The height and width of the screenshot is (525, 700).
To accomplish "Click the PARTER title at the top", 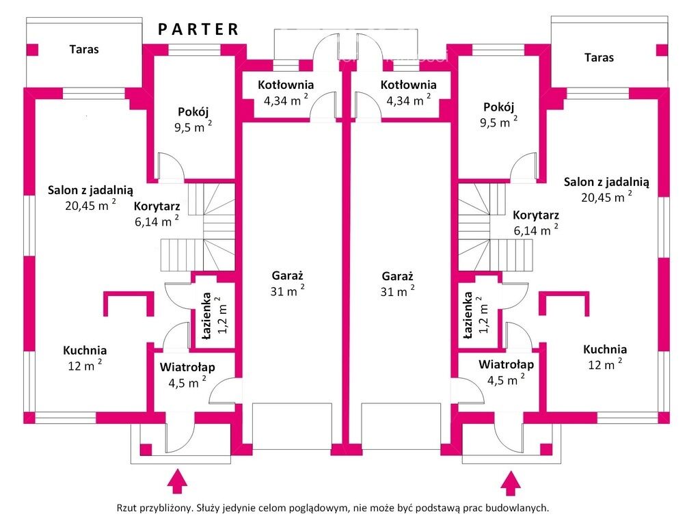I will [x=199, y=29].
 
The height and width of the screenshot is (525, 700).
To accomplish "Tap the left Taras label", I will [x=84, y=49].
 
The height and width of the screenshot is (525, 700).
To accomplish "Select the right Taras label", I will [x=599, y=57].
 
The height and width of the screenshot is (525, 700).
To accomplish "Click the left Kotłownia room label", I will [x=286, y=85].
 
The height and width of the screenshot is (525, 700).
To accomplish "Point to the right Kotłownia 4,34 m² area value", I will [x=408, y=100].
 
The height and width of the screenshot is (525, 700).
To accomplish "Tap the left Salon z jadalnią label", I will [x=90, y=190].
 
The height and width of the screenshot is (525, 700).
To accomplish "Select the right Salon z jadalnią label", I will [x=606, y=182].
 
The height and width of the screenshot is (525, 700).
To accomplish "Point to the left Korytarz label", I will [x=157, y=206].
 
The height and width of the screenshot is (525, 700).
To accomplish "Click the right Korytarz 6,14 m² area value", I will [x=535, y=230].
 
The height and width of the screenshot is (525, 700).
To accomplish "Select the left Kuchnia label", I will [x=85, y=350].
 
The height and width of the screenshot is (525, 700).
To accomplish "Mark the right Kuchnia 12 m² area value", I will [x=604, y=364].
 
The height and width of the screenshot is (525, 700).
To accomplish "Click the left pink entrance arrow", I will [x=178, y=481].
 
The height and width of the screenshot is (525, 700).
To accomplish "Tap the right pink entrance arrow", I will [x=509, y=483].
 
